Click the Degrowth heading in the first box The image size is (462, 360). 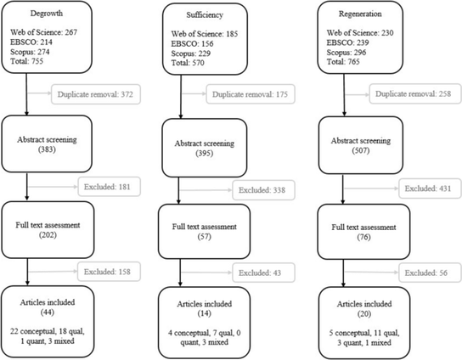[x=47, y=14]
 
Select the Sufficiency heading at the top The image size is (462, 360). [x=205, y=15]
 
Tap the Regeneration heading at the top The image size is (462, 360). [x=360, y=14]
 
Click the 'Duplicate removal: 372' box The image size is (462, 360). [x=96, y=94]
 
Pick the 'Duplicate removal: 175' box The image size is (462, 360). [x=251, y=94]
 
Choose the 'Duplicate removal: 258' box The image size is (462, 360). [x=415, y=94]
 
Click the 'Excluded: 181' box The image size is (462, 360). [x=109, y=187]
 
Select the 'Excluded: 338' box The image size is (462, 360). [x=263, y=190]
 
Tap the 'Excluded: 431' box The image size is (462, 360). [x=430, y=188]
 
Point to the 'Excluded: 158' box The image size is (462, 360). [x=109, y=272]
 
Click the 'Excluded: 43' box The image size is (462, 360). [x=263, y=273]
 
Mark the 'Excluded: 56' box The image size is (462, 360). [x=430, y=273]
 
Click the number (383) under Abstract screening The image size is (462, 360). [x=47, y=149]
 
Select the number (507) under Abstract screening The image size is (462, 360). [x=361, y=150]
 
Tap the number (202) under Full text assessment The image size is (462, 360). [x=48, y=235]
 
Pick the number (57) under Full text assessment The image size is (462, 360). [x=205, y=236]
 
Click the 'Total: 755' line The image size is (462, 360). [x=27, y=61]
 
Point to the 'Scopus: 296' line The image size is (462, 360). [x=346, y=53]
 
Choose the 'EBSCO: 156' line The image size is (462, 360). [x=192, y=44]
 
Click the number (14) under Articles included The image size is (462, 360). [x=205, y=313]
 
